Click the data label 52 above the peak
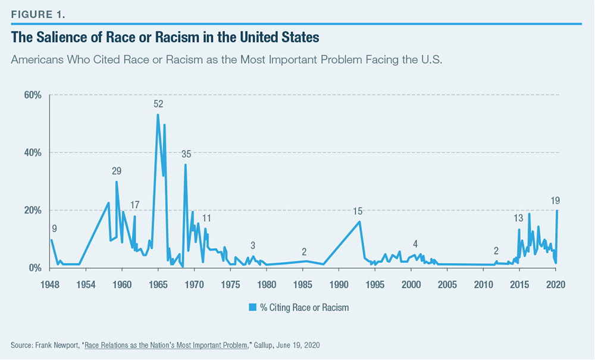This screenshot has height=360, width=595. [158, 104]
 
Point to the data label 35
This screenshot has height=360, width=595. [186, 154]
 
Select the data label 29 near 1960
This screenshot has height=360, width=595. [117, 171]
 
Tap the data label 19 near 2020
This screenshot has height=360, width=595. [555, 200]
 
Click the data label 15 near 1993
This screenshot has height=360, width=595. [358, 211]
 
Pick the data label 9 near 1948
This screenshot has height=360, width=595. [54, 228]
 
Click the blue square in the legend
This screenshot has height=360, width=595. [252, 308]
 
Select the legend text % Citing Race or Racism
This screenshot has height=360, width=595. [303, 308]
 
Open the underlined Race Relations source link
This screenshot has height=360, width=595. [166, 345]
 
